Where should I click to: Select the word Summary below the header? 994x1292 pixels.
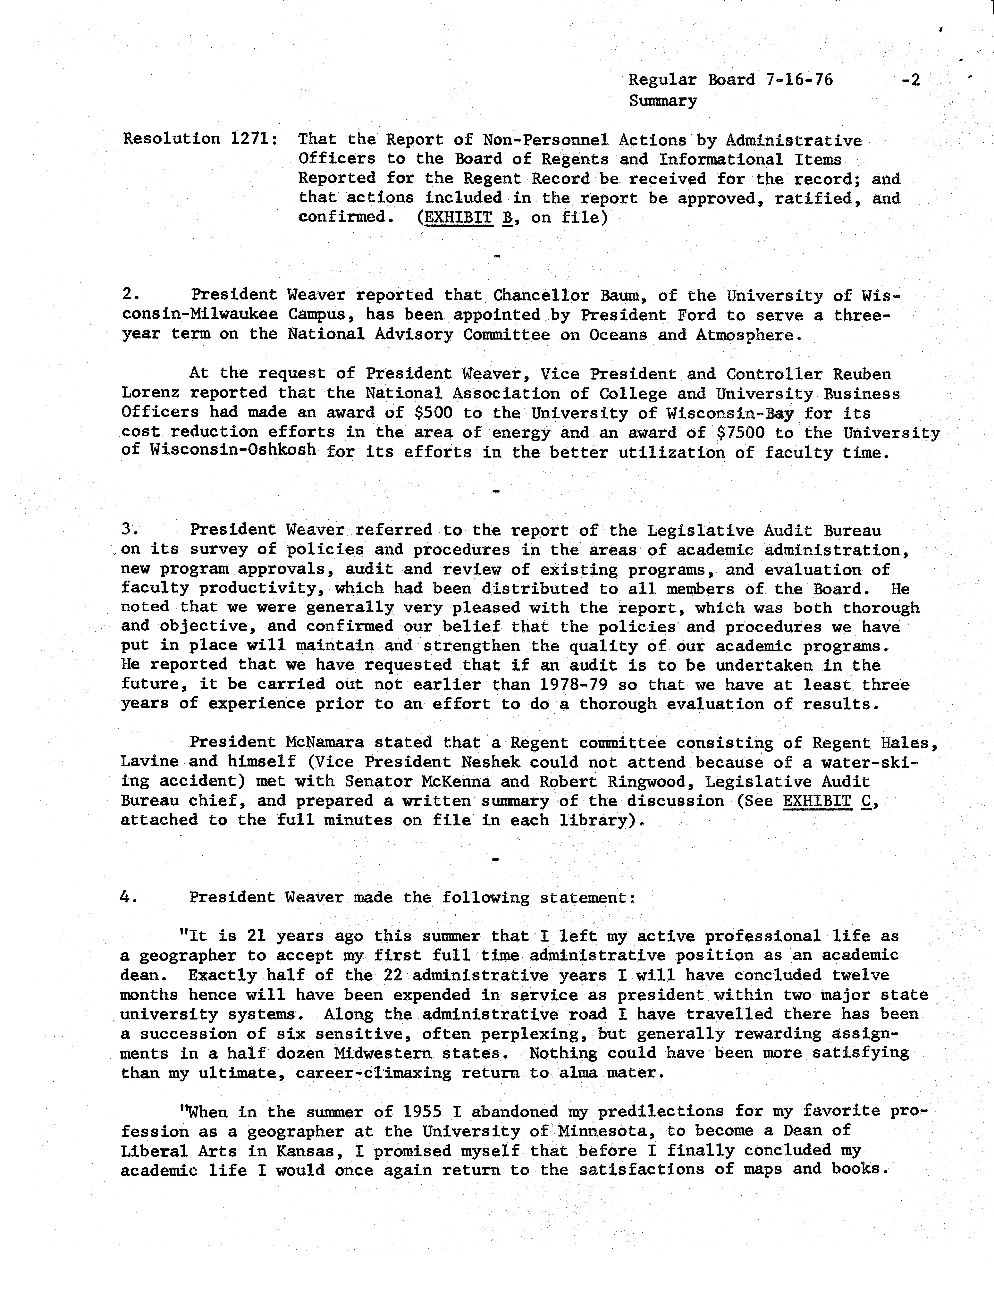coord(663,101)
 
